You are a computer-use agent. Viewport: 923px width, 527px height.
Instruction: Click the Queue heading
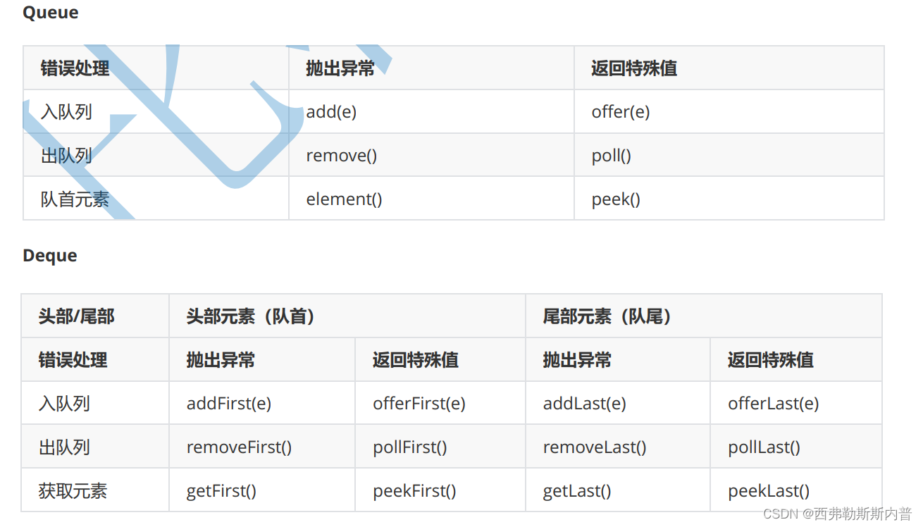50,13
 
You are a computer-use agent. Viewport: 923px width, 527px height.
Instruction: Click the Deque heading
50,256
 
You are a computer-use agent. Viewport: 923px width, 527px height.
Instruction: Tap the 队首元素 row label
75,199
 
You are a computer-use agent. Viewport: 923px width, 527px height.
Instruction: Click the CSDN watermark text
837,514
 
